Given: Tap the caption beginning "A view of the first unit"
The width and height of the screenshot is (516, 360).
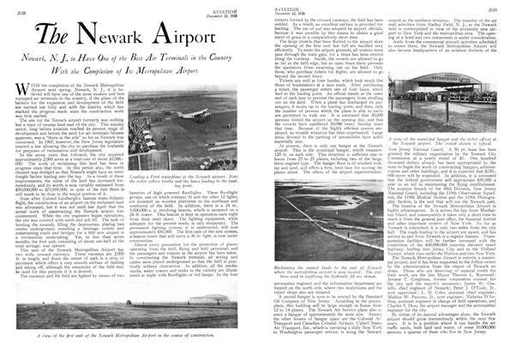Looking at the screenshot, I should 129,349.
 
